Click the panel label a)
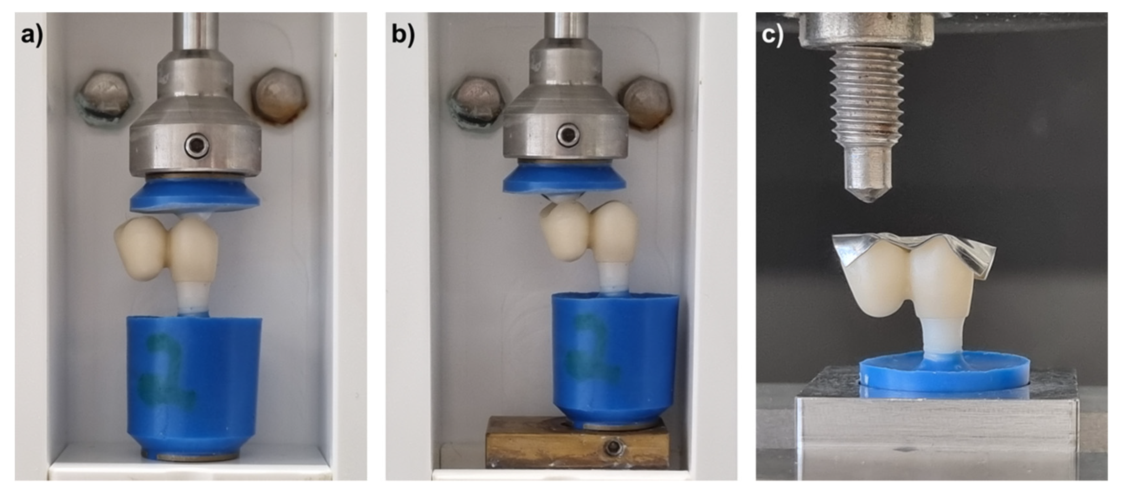coord(33,35)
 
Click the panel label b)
coord(403,35)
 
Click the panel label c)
coord(773,35)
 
